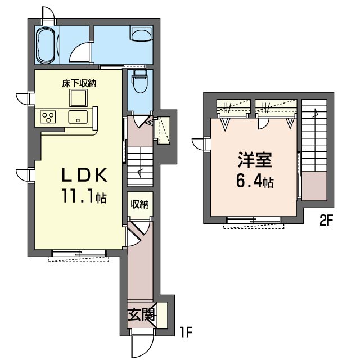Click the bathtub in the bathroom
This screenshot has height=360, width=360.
coord(46,45)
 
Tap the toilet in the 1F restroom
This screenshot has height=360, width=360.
coord(140,81)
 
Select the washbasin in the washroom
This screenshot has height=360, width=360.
coord(141,33)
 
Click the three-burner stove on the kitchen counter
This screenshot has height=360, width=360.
coord(48,116)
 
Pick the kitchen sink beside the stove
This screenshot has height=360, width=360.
coord(78,116)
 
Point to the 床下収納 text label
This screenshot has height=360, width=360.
coord(79,84)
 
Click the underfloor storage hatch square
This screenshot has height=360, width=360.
coord(79,98)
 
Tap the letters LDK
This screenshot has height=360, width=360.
coord(84,175)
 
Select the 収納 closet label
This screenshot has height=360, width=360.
coord(140,204)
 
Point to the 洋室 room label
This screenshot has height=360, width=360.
coord(255,160)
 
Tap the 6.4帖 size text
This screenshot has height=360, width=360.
coord(255,182)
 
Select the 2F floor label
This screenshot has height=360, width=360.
coord(326,220)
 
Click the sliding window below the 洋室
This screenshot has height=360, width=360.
coord(254,220)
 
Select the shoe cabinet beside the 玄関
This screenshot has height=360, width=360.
coord(161,316)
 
